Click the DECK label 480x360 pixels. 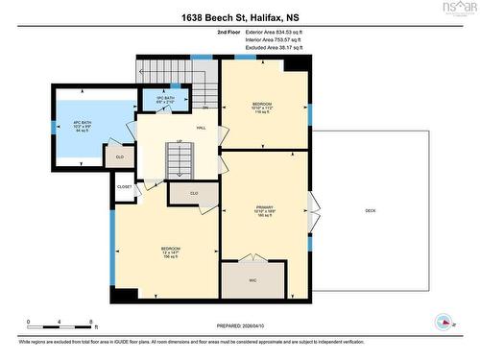[x=370, y=210]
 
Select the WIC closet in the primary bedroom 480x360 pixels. [x=252, y=280]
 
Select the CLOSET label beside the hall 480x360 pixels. [x=125, y=187]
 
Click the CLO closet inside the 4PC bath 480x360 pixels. [x=120, y=156]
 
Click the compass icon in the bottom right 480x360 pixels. [x=444, y=321]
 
